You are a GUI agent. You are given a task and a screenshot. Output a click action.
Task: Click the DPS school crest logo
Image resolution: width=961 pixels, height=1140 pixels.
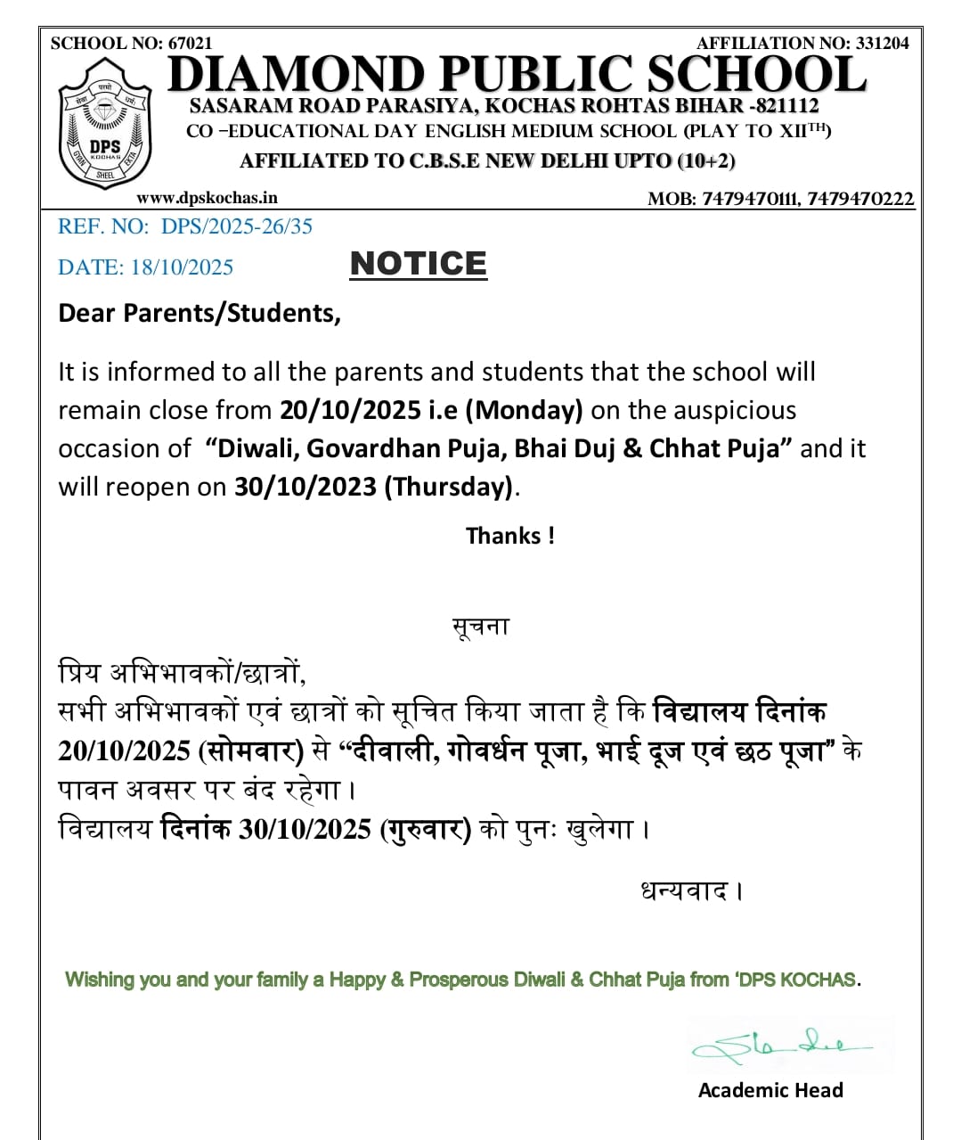point(105,123)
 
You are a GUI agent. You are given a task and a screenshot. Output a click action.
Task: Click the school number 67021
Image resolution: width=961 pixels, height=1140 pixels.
point(191,43)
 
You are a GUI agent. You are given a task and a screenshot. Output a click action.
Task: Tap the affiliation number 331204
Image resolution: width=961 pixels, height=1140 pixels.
point(882,43)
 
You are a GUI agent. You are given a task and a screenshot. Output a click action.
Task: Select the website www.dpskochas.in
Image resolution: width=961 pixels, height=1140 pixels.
point(207,198)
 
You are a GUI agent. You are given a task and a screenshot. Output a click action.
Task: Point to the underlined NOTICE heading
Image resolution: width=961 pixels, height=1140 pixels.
point(418,264)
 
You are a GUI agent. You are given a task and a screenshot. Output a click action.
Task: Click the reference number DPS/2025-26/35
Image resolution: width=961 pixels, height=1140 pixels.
point(236,226)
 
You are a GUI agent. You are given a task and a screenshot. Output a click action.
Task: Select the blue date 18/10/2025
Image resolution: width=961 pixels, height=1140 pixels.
point(182,267)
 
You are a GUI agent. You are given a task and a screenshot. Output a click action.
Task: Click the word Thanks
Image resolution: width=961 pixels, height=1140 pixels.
point(504,536)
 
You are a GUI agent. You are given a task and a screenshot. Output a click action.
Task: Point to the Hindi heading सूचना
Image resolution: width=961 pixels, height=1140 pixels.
point(481,627)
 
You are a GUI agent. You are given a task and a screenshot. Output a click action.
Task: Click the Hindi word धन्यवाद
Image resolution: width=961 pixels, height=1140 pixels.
point(685,890)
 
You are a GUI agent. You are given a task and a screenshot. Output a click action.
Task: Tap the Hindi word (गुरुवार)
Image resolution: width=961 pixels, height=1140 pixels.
point(426,829)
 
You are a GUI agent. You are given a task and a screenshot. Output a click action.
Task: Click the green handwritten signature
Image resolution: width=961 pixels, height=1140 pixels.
point(784,1046)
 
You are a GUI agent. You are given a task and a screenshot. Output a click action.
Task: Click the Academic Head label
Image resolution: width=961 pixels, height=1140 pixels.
point(770,1090)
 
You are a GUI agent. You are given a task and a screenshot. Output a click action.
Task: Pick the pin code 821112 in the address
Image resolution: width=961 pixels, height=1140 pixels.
point(787,106)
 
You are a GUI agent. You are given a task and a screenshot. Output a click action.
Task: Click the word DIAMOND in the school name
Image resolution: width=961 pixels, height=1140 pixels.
point(296,75)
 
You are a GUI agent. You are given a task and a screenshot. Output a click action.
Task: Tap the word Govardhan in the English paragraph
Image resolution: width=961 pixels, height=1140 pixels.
point(406,448)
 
